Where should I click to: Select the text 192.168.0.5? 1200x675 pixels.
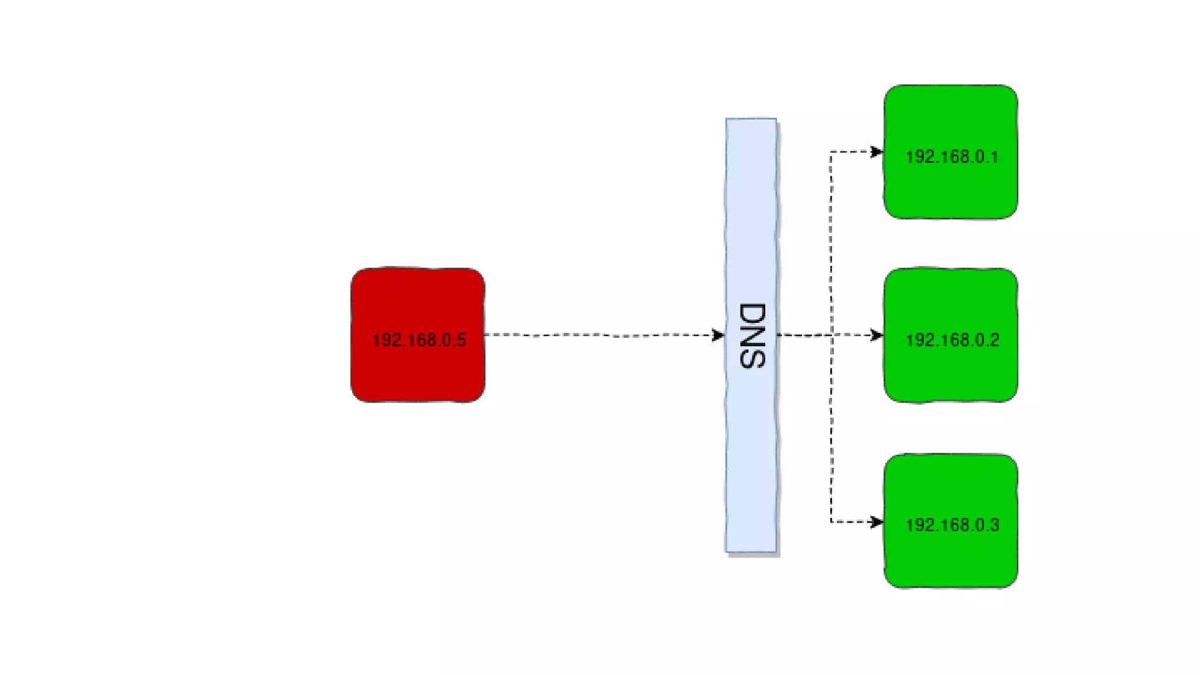tap(419, 340)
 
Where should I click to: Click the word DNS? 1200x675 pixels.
tap(752, 336)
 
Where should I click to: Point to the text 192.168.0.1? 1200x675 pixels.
tap(952, 157)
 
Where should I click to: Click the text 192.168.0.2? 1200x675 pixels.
tap(952, 340)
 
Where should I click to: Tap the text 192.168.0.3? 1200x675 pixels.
tap(952, 525)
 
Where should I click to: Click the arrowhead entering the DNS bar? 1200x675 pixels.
tap(718, 335)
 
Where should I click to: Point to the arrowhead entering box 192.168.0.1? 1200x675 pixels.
tap(877, 152)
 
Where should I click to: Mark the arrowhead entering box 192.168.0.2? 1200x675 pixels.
tap(877, 335)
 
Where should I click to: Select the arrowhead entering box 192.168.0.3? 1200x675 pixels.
tap(877, 521)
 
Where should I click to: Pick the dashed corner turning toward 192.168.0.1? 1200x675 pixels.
tap(831, 152)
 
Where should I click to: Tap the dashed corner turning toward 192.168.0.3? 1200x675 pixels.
tap(831, 521)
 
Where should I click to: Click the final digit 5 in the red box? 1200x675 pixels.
tap(461, 340)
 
